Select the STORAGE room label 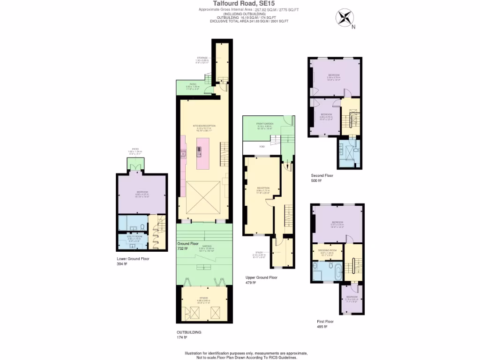point(202,59)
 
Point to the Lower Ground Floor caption point(133,259)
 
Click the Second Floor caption point(322,175)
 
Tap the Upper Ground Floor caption point(262,277)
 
